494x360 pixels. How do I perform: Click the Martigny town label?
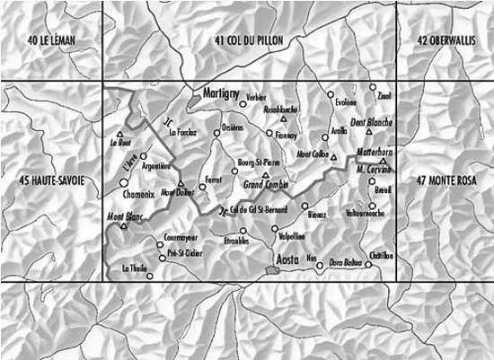click(218, 93)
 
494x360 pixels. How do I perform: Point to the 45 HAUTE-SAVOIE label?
click(51, 181)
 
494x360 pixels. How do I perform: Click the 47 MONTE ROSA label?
click(446, 181)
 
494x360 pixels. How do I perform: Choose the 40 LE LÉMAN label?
click(52, 40)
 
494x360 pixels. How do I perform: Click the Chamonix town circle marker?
click(123, 182)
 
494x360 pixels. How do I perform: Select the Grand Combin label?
click(266, 186)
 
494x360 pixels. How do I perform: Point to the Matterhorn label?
click(370, 154)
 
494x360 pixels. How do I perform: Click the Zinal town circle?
click(373, 87)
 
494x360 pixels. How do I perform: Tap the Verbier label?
click(257, 96)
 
